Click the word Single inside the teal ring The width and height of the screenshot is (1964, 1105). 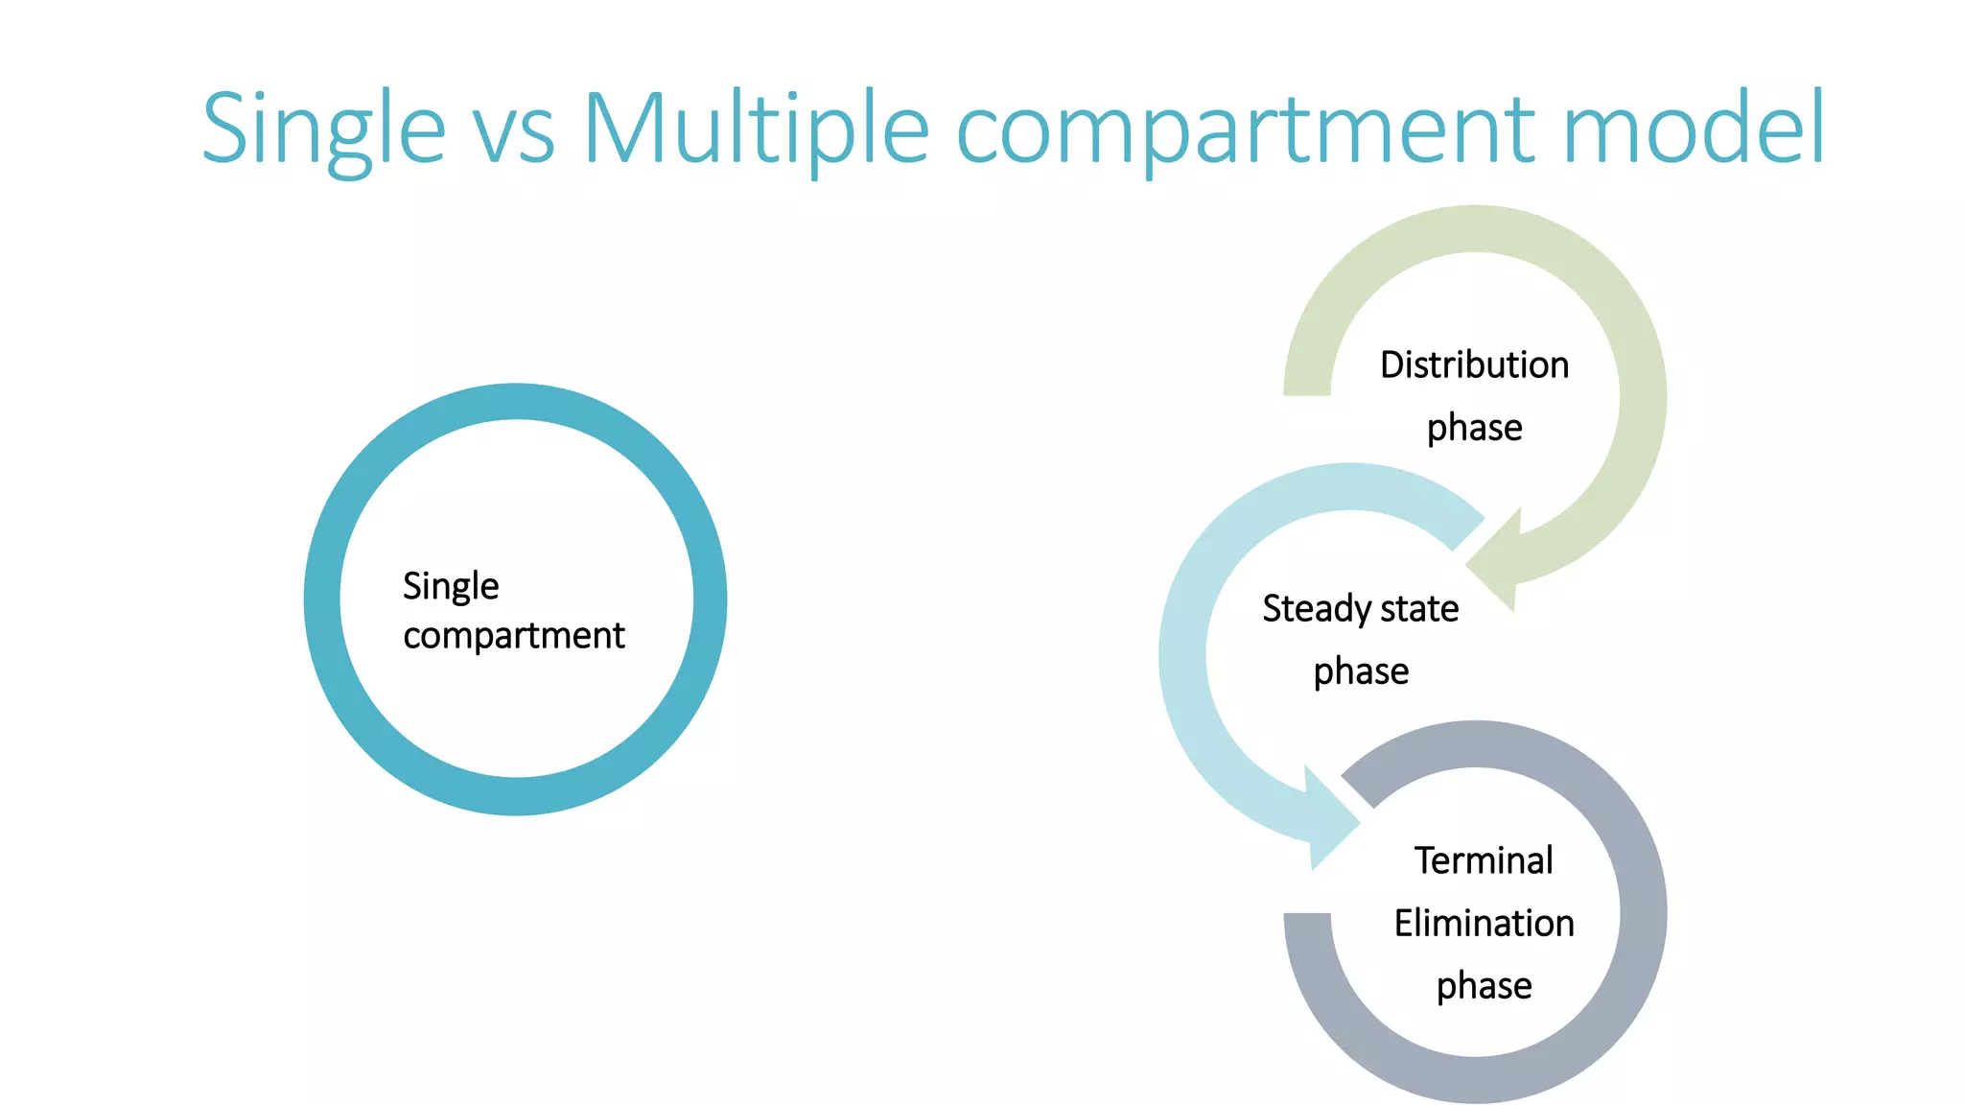[451, 586]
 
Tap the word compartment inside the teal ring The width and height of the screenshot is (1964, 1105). [514, 636]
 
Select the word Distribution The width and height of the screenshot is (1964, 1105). [1474, 365]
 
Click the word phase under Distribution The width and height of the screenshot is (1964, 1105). [1474, 429]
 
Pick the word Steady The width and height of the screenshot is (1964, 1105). [1316, 609]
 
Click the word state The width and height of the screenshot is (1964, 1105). [1419, 609]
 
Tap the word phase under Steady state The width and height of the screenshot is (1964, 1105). [1361, 671]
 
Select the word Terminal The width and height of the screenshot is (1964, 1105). [1484, 860]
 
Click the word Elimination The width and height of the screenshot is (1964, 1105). [1484, 923]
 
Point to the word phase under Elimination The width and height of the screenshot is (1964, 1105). [1484, 986]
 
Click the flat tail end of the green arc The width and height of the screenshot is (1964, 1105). [1307, 387]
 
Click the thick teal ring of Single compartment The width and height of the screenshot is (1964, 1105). [322, 600]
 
